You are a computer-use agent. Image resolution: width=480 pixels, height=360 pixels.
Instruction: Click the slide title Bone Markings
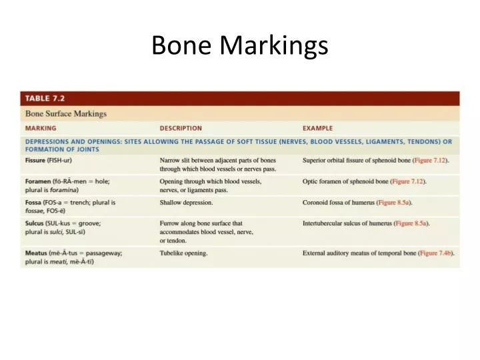click(x=239, y=45)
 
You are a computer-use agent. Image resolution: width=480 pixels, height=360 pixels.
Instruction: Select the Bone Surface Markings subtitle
click(x=65, y=113)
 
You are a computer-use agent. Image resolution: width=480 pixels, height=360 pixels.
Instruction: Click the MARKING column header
click(x=41, y=128)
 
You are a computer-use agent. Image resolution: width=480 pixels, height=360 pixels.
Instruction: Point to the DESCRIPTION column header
click(x=181, y=128)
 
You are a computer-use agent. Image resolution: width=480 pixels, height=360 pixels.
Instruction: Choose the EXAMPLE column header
click(x=317, y=128)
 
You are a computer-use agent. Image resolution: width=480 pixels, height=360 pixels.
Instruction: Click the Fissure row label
click(x=35, y=161)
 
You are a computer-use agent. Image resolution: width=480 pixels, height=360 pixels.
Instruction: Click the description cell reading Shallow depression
click(x=186, y=202)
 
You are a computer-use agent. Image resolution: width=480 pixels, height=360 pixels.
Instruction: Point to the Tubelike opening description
click(x=183, y=253)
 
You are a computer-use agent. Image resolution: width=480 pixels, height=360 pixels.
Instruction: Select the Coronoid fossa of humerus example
click(x=339, y=202)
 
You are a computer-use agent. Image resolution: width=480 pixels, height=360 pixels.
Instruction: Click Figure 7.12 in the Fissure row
click(x=430, y=161)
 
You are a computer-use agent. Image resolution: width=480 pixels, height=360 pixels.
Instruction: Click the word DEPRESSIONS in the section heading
click(x=52, y=141)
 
